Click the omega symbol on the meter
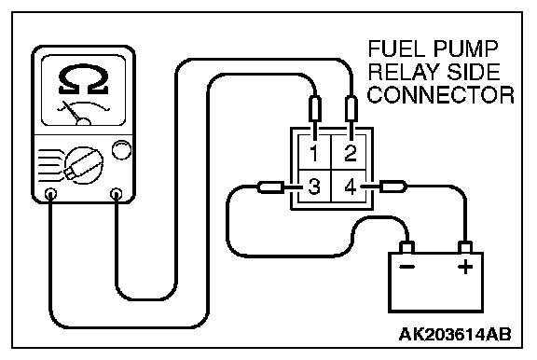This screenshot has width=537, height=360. pyautogui.click(x=83, y=79)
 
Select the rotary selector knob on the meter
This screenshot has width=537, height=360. pyautogui.click(x=84, y=165)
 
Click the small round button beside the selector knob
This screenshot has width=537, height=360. pyautogui.click(x=121, y=149)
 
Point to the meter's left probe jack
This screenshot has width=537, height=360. pyautogui.click(x=50, y=194)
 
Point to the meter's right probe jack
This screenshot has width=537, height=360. pyautogui.click(x=117, y=194)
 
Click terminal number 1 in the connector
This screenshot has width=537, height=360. pyautogui.click(x=313, y=153)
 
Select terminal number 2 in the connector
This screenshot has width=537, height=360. pyautogui.click(x=350, y=153)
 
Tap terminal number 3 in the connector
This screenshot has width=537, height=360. pyautogui.click(x=313, y=187)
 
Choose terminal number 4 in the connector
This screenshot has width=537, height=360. pyautogui.click(x=350, y=187)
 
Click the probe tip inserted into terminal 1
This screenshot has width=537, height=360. pyautogui.click(x=315, y=112)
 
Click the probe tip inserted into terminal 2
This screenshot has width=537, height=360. pyautogui.click(x=351, y=112)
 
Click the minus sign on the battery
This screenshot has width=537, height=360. pyautogui.click(x=407, y=267)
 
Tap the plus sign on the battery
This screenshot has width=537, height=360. pyautogui.click(x=465, y=267)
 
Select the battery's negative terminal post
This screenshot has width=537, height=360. pyautogui.click(x=406, y=247)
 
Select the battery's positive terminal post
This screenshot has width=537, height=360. pyautogui.click(x=465, y=247)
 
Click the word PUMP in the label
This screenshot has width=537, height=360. pyautogui.click(x=464, y=49)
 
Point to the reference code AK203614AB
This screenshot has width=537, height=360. pyautogui.click(x=455, y=334)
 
